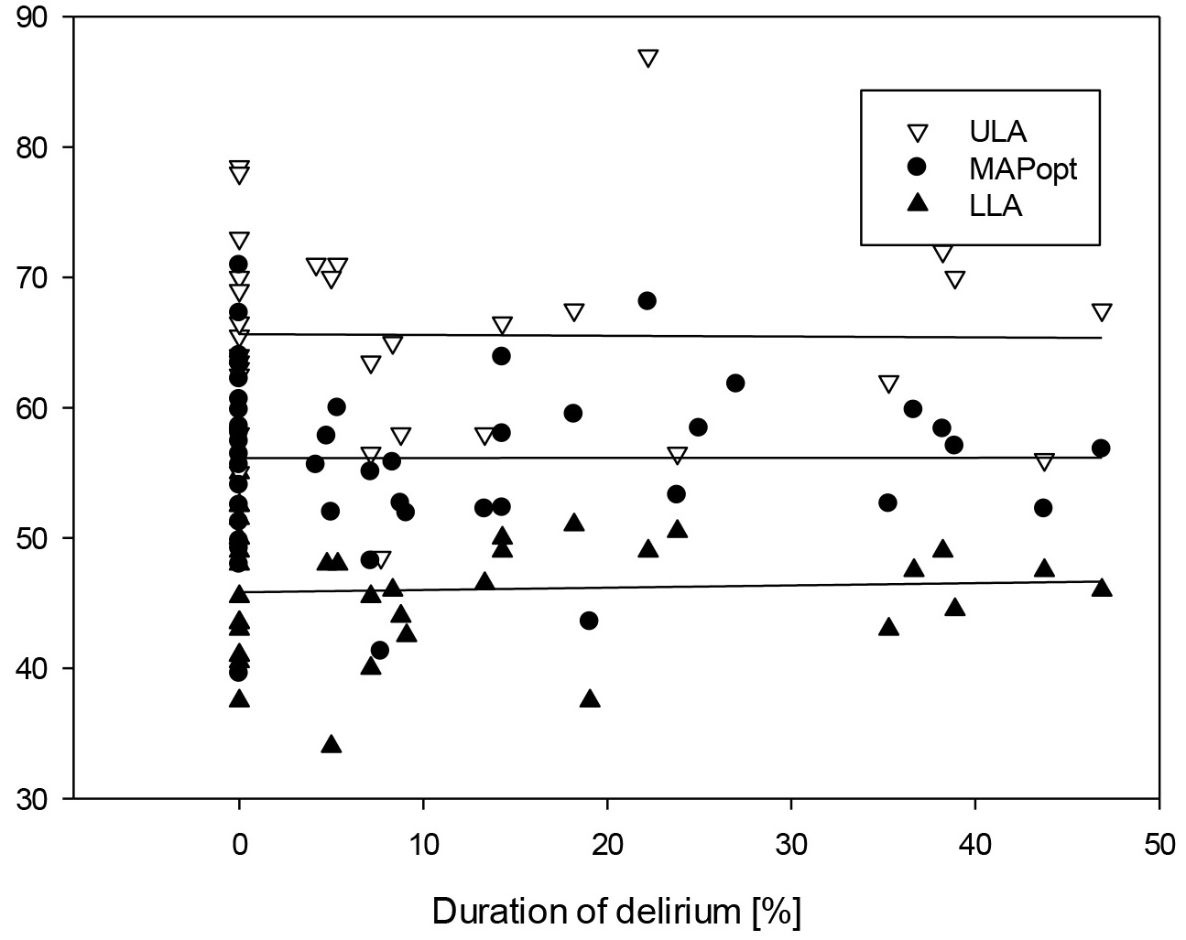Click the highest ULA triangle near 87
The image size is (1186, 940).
pyautogui.click(x=648, y=59)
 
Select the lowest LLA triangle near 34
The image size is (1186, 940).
pyautogui.click(x=332, y=744)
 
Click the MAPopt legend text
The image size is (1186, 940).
pyautogui.click(x=1023, y=169)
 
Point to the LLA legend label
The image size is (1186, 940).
pyautogui.click(x=996, y=207)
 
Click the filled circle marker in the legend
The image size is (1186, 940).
pyautogui.click(x=916, y=169)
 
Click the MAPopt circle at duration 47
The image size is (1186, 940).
pyautogui.click(x=1101, y=448)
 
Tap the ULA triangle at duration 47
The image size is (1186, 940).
pyautogui.click(x=1102, y=312)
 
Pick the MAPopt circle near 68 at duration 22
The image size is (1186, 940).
pyautogui.click(x=647, y=301)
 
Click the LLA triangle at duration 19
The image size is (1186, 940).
pyautogui.click(x=591, y=699)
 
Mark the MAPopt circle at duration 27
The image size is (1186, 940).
pyautogui.click(x=735, y=384)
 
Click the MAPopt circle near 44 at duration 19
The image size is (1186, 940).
pyautogui.click(x=589, y=621)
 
